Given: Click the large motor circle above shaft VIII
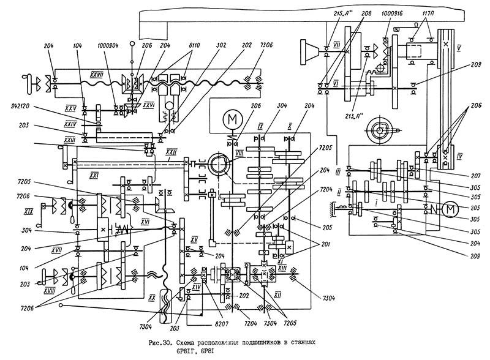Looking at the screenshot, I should click(x=232, y=116).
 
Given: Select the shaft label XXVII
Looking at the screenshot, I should click(x=96, y=73).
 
